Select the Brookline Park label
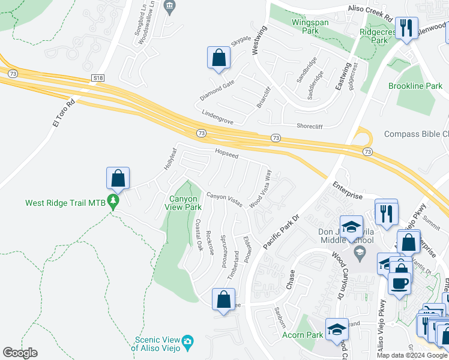(415, 86)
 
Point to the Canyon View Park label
(183, 203)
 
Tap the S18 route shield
(98, 78)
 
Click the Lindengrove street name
(217, 116)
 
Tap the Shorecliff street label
(314, 126)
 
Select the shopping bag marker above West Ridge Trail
(118, 178)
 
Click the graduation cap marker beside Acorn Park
(337, 329)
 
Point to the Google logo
(20, 353)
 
